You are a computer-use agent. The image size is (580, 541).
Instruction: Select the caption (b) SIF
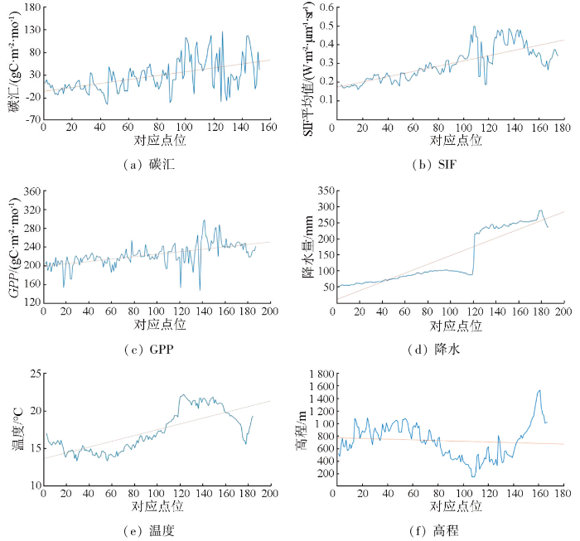tap(442, 165)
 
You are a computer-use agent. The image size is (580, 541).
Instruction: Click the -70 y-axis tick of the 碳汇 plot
tap(31, 118)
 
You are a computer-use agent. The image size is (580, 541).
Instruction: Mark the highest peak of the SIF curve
tap(474, 26)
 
